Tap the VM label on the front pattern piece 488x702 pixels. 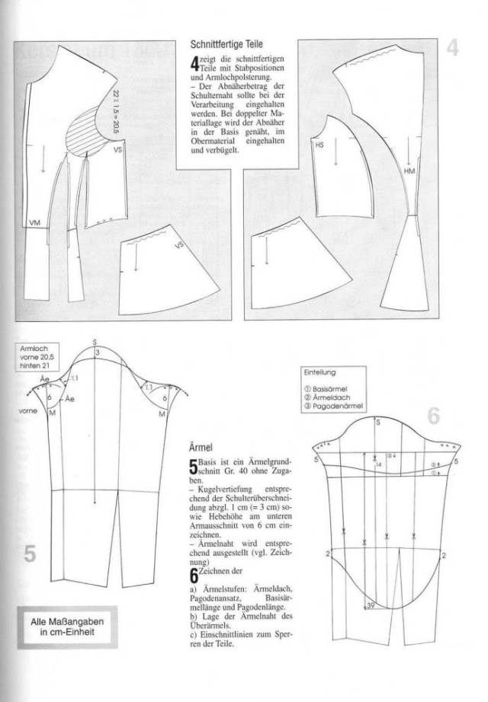pyautogui.click(x=34, y=222)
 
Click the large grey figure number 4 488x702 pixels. pyautogui.click(x=452, y=49)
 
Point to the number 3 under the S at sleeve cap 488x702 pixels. pyautogui.click(x=97, y=352)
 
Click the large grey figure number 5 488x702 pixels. pyautogui.click(x=30, y=554)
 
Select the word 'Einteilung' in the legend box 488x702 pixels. pyautogui.click(x=319, y=373)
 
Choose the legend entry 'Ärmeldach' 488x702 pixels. pyautogui.click(x=329, y=397)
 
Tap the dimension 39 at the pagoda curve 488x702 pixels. pyautogui.click(x=371, y=605)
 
